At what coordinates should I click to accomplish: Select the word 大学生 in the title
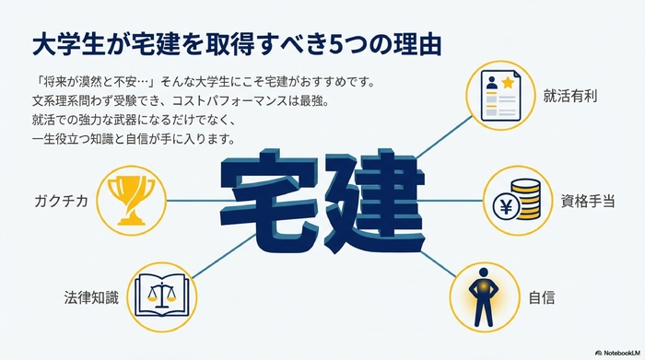(x=64, y=42)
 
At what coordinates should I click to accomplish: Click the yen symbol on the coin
(x=504, y=205)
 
